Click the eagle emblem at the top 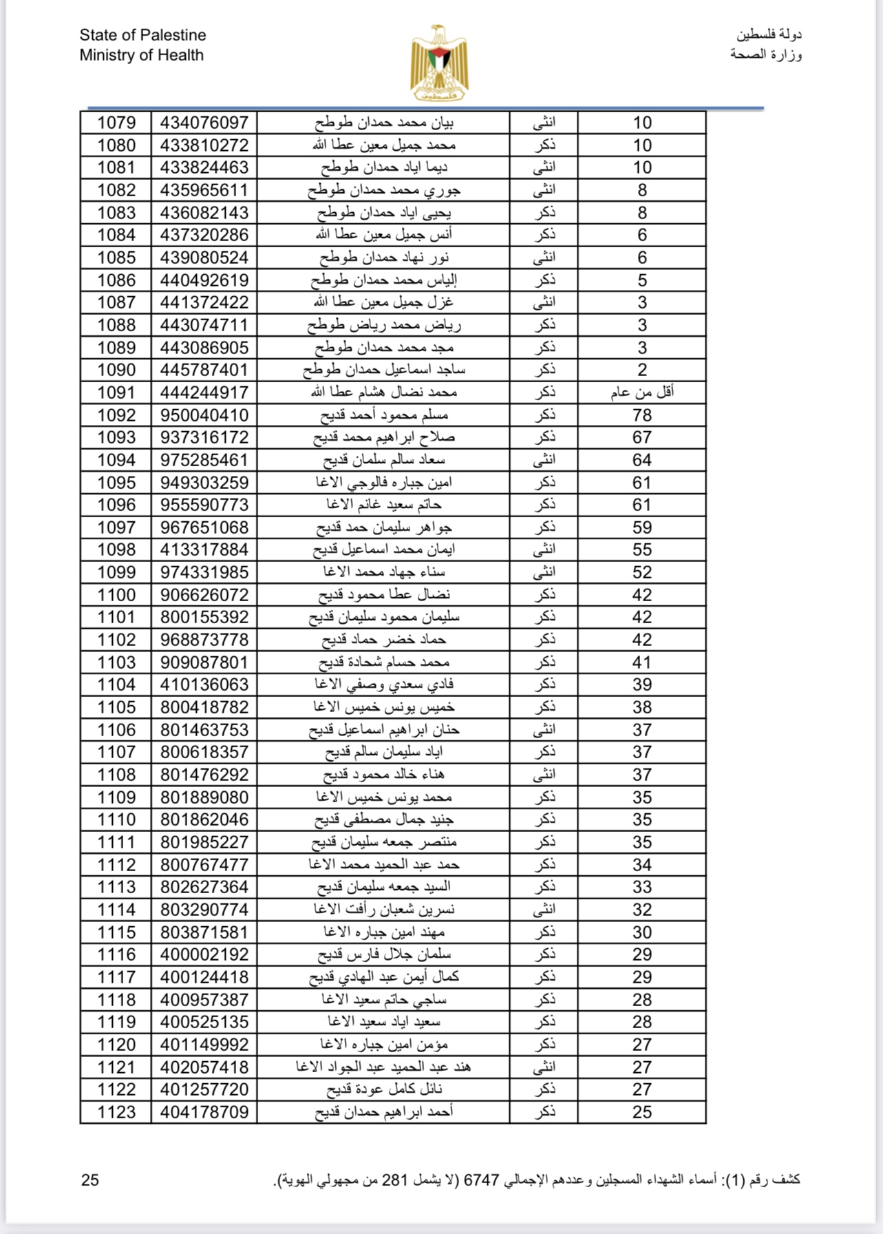tap(439, 63)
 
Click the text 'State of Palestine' tap(142, 35)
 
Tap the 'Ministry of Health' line tap(141, 55)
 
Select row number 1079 tap(116, 123)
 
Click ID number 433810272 tap(204, 145)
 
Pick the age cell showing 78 tap(641, 415)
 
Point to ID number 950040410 tap(204, 415)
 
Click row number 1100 tap(116, 595)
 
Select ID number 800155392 tap(204, 617)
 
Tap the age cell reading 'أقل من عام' tap(641, 393)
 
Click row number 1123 tap(116, 1112)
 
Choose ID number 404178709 tap(204, 1112)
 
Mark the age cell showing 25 tap(641, 1112)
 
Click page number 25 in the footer tap(90, 1180)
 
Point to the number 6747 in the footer tap(481, 1180)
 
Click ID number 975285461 tap(204, 460)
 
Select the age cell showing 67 tap(641, 437)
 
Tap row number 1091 tap(116, 393)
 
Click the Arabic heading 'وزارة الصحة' tap(766, 54)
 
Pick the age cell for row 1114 tap(641, 910)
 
